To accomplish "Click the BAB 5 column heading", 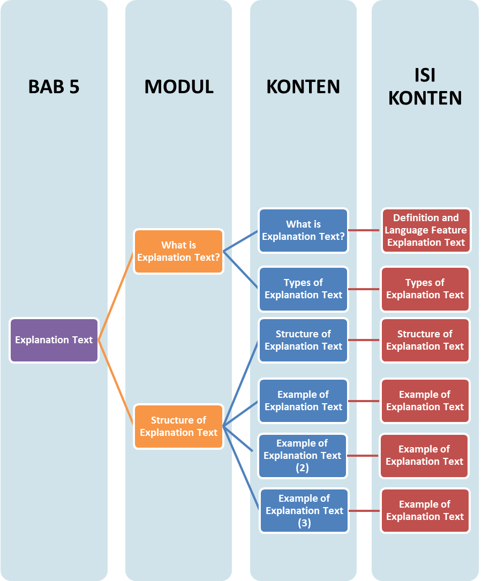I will click(54, 86).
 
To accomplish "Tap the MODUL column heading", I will click(178, 86).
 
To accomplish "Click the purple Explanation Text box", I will click(54, 340).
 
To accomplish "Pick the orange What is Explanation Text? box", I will click(178, 251).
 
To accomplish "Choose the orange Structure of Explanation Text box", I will click(178, 426).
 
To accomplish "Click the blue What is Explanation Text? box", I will click(303, 230).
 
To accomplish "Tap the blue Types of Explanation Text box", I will click(303, 289).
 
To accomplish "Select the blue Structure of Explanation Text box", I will click(303, 340).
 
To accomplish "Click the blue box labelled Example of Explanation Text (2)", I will click(303, 456).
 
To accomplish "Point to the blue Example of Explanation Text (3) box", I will click(304, 510).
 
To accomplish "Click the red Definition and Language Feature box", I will click(426, 230).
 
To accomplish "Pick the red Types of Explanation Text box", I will click(425, 289).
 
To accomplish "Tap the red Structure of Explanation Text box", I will click(425, 340).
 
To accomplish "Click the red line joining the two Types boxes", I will click(364, 289).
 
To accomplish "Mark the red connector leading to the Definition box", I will click(365, 230).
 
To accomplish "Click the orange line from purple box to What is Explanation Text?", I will click(116, 296).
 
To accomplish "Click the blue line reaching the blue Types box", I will click(241, 270).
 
